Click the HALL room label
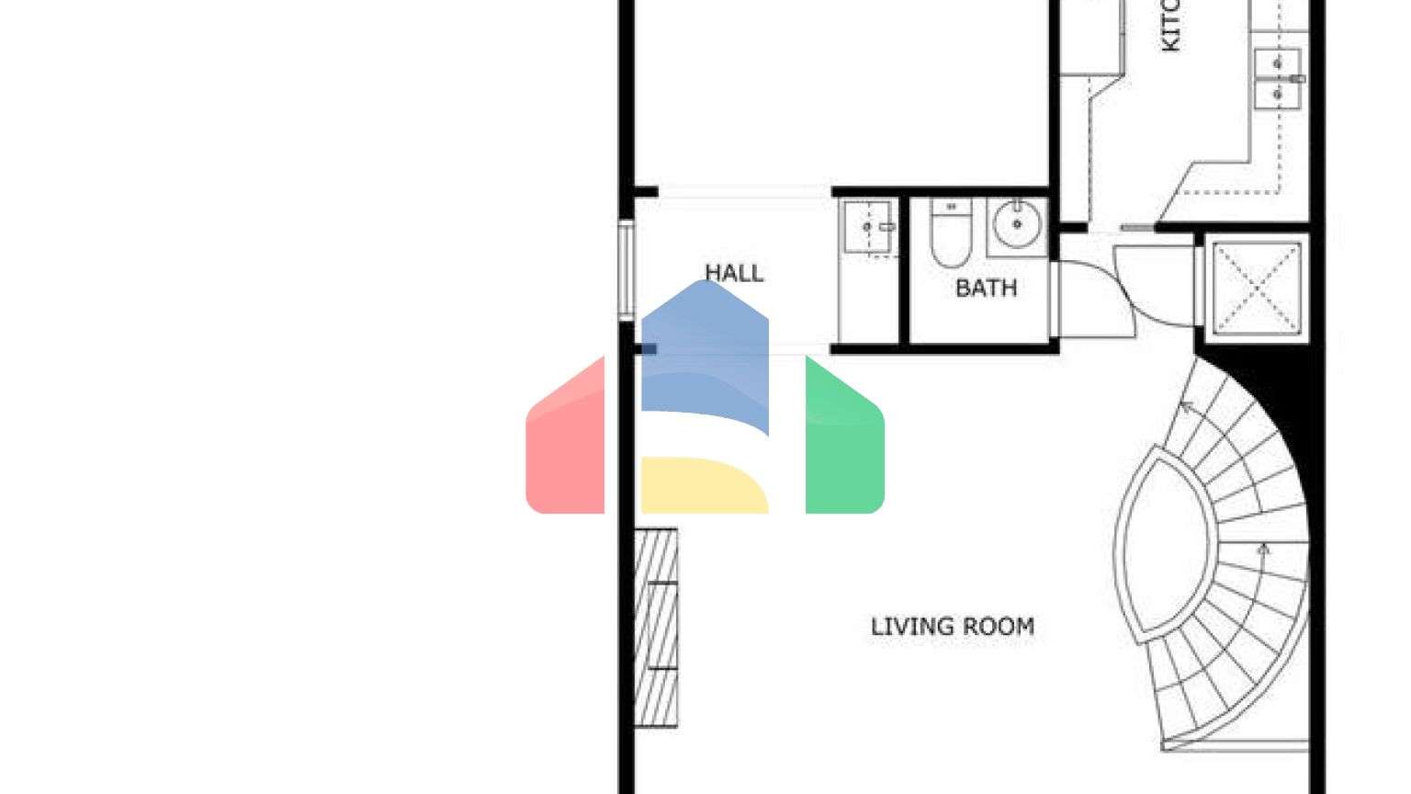[733, 273]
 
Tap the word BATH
[986, 289]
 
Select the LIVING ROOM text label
[953, 627]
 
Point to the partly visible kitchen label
[1170, 25]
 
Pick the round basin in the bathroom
[1016, 224]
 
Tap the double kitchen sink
[1278, 79]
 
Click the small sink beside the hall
[867, 226]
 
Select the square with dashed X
[1257, 287]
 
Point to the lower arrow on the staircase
[1264, 550]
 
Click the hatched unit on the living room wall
[656, 627]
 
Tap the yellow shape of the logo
[704, 485]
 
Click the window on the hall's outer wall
[626, 270]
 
